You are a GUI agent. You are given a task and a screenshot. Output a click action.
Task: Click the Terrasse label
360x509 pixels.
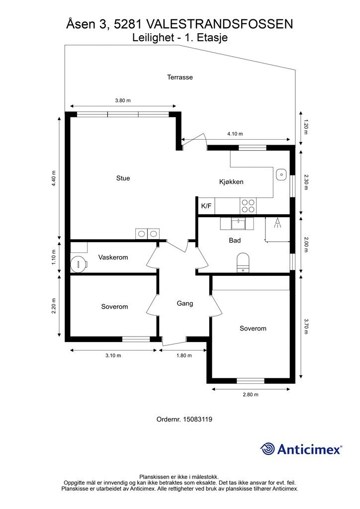pyautogui.click(x=180, y=77)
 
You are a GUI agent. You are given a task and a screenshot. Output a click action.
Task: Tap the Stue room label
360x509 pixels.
pyautogui.click(x=123, y=178)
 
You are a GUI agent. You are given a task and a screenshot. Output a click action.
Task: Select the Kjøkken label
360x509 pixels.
pyautogui.click(x=231, y=182)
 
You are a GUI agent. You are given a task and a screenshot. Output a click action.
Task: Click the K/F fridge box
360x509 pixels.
pyautogui.click(x=206, y=206)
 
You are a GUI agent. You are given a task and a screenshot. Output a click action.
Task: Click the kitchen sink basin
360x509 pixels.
pyautogui.click(x=281, y=174)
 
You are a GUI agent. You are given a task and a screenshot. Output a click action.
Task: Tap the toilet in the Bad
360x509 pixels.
pyautogui.click(x=243, y=262)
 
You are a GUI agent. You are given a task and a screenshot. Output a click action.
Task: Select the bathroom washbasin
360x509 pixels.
pyautogui.click(x=238, y=224)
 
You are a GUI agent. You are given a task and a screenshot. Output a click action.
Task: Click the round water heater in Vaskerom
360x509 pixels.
pyautogui.click(x=79, y=263)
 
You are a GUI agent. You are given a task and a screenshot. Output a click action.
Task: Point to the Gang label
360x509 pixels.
pyautogui.click(x=184, y=303)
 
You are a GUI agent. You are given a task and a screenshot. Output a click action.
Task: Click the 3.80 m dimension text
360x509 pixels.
pyautogui.click(x=123, y=100)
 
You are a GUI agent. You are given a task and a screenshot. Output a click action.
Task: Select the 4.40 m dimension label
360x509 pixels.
pyautogui.click(x=54, y=178)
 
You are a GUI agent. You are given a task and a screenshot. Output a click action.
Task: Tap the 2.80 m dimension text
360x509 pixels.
pyautogui.click(x=251, y=394)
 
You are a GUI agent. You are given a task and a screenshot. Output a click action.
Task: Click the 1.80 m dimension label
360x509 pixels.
pyautogui.click(x=184, y=355)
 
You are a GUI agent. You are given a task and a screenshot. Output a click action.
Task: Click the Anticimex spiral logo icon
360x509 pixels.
pyautogui.click(x=268, y=449)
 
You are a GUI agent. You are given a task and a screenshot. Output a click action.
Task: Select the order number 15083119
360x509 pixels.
pyautogui.click(x=198, y=419)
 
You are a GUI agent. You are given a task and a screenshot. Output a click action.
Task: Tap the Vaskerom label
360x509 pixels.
pyautogui.click(x=113, y=257)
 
